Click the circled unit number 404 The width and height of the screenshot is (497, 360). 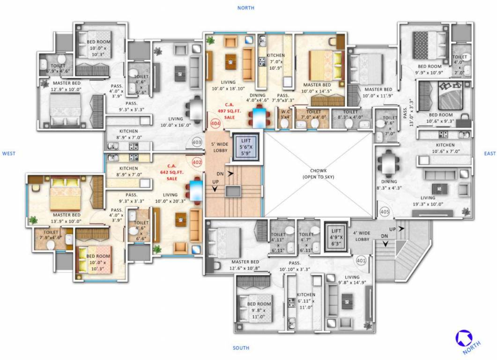(215, 124)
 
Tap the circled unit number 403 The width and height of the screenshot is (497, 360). (197, 142)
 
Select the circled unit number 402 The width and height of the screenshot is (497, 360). (197, 162)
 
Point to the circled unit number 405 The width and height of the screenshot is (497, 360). (385, 212)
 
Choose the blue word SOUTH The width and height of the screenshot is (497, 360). (241, 348)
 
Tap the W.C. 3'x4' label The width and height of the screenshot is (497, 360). (284, 114)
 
